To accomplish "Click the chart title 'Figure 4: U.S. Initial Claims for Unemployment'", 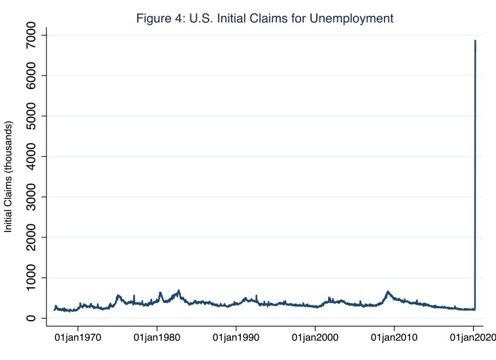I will pyautogui.click(x=264, y=18).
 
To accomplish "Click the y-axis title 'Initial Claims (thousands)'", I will pyautogui.click(x=9, y=177).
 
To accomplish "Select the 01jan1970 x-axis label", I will pyautogui.click(x=78, y=340).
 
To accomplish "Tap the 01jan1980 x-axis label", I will pyautogui.click(x=157, y=340).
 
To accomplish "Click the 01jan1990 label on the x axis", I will pyautogui.click(x=236, y=340).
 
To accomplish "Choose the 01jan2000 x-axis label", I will pyautogui.click(x=315, y=340).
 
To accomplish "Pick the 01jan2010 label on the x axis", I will pyautogui.click(x=394, y=340).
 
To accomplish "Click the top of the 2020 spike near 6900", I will pyautogui.click(x=475, y=41).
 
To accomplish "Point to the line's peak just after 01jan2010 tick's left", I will pyautogui.click(x=388, y=291).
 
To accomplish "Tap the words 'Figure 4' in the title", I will pyautogui.click(x=157, y=18).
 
